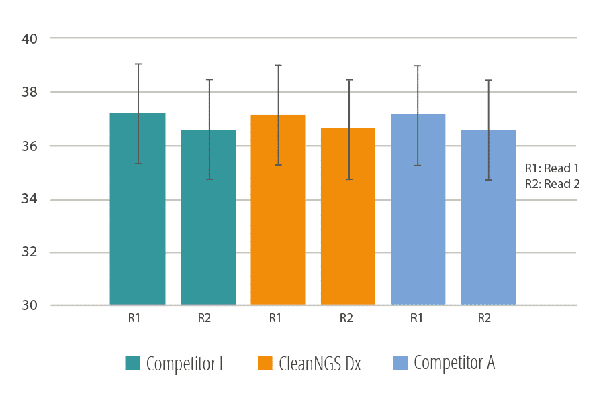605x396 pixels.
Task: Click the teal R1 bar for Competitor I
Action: click(x=138, y=215)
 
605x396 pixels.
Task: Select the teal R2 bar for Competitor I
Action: click(x=208, y=221)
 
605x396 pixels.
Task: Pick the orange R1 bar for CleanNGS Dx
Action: click(x=278, y=215)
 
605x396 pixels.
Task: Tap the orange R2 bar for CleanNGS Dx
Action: click(x=348, y=221)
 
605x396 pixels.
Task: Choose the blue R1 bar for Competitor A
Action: click(x=418, y=215)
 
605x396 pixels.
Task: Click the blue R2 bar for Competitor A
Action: click(x=488, y=221)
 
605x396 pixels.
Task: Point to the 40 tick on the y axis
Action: click(x=29, y=38)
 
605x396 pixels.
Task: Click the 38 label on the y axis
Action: click(x=29, y=92)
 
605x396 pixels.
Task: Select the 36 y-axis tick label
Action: click(x=29, y=146)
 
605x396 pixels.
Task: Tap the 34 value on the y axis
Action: click(x=29, y=199)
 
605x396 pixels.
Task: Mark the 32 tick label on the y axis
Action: click(x=29, y=252)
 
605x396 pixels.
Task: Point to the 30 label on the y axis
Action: click(x=29, y=306)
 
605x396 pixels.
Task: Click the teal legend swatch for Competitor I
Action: click(x=132, y=364)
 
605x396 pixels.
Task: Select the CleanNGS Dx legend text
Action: click(x=320, y=364)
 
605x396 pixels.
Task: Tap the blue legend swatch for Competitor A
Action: click(x=399, y=364)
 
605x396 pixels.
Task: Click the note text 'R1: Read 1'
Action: click(x=551, y=169)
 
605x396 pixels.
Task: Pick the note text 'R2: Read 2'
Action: click(x=551, y=184)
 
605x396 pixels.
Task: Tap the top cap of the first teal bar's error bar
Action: click(x=138, y=64)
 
